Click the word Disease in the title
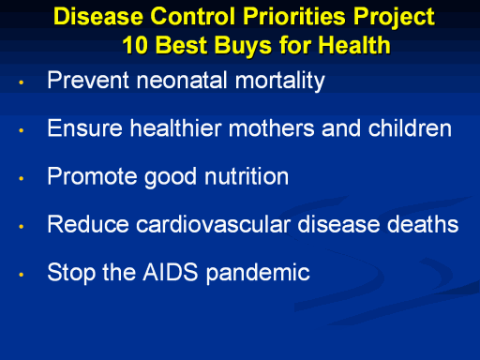(x=98, y=16)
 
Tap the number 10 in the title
(x=135, y=45)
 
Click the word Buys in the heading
(x=244, y=46)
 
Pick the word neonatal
(x=182, y=80)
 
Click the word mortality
(x=280, y=81)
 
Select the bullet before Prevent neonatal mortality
(x=22, y=82)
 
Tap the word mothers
(x=272, y=128)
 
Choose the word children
(x=410, y=128)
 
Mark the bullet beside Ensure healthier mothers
(x=22, y=130)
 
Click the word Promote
(x=92, y=176)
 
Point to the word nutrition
(x=247, y=176)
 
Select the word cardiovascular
(x=214, y=224)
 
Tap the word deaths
(x=423, y=224)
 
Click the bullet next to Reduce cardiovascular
(x=22, y=226)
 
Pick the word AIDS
(x=171, y=272)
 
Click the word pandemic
(x=258, y=274)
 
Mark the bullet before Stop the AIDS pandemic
(x=22, y=275)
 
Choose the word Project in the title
(x=394, y=18)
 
